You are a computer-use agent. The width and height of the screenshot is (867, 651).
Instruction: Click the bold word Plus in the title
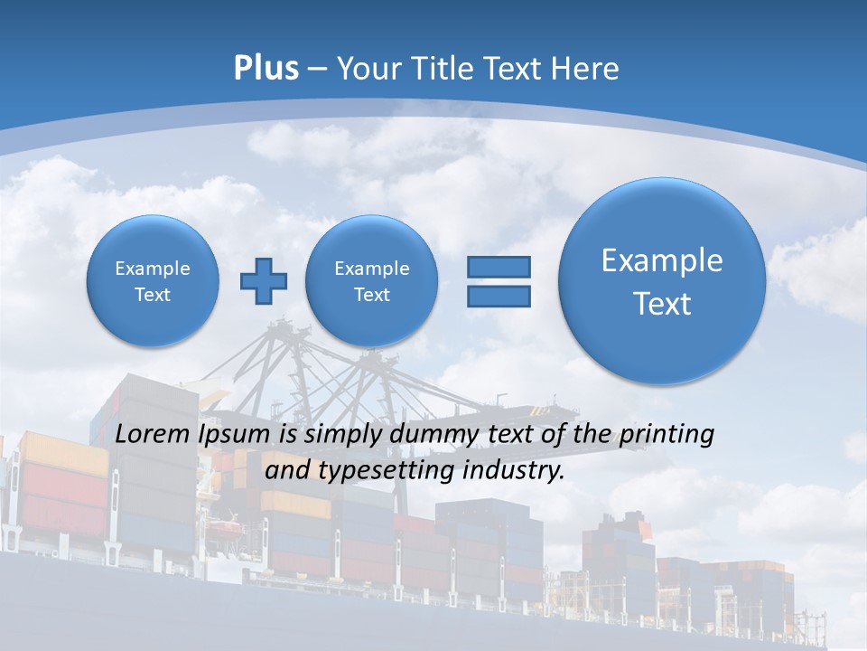[x=266, y=69]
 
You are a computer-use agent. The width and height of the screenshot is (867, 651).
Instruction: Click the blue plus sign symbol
[x=264, y=281]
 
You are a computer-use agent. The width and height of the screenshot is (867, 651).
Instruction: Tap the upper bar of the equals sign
[x=499, y=267]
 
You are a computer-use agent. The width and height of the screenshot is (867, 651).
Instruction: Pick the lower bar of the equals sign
[x=499, y=296]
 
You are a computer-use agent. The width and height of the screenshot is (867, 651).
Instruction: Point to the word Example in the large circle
[x=662, y=260]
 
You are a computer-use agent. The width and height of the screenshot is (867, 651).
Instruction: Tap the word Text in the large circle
[x=662, y=304]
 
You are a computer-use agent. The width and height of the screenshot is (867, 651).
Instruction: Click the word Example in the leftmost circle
[x=153, y=269]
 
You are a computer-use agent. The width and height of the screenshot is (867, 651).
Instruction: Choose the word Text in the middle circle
[x=371, y=295]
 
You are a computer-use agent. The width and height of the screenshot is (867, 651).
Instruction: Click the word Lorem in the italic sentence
[x=154, y=434]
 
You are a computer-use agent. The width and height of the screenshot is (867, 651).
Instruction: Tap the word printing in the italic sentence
[x=667, y=434]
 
